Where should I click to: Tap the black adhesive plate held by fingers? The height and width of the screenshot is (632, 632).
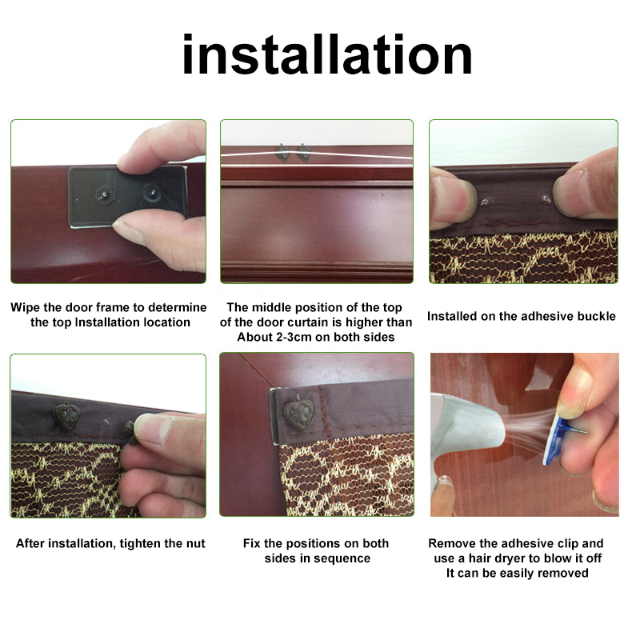pos(128,196)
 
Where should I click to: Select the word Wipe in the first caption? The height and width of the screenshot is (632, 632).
pos(26,307)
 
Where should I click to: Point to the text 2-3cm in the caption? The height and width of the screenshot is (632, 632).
pos(289,337)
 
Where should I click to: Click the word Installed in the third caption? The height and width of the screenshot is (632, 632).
pos(453,316)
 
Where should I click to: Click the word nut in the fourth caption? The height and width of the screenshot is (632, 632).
pos(194,543)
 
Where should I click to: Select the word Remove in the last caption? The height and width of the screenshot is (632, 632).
pos(450,543)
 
